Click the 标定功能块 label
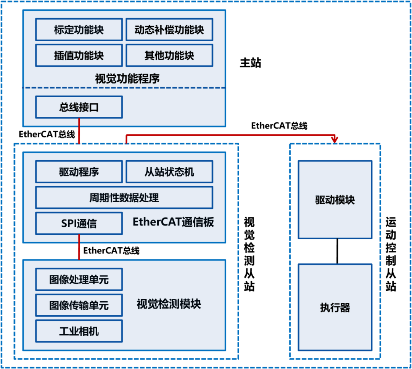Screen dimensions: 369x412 coord(79,30)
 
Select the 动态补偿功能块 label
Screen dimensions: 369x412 coord(169,30)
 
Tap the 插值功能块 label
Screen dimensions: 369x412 coord(79,56)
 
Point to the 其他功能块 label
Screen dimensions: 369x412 coord(169,56)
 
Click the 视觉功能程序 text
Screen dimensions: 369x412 coord(127,79)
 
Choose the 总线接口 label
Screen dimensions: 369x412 coord(79,108)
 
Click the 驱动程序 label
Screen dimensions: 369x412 coord(79,172)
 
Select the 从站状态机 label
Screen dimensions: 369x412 coord(169,172)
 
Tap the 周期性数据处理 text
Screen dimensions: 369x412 coord(124,198)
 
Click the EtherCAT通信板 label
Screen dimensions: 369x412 coord(173,222)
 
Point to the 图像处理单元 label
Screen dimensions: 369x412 coord(79,280)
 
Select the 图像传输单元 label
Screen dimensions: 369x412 coord(79,305)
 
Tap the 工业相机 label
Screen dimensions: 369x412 coord(79,331)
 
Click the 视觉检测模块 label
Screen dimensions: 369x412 coord(169,305)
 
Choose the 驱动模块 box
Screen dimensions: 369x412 coord(335,200)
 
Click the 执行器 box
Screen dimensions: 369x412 coord(335,307)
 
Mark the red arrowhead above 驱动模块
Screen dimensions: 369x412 coord(335,139)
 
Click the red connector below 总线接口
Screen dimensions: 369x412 coord(79,131)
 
